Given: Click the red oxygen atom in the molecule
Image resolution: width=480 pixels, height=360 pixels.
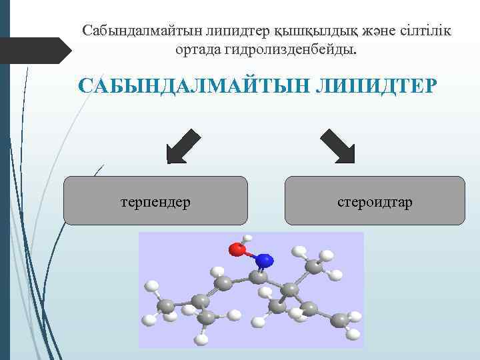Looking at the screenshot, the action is point(237,249).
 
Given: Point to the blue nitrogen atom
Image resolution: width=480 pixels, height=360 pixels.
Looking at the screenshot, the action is point(264,259).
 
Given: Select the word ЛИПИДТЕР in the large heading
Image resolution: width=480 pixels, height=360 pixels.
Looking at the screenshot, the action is point(373,87).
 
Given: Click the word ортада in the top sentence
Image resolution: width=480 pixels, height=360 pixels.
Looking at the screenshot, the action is point(195,49).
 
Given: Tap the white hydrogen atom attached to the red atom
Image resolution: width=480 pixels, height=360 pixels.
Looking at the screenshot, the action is point(248,238).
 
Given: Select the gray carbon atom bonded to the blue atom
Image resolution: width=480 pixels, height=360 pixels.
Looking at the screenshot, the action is point(259,277).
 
